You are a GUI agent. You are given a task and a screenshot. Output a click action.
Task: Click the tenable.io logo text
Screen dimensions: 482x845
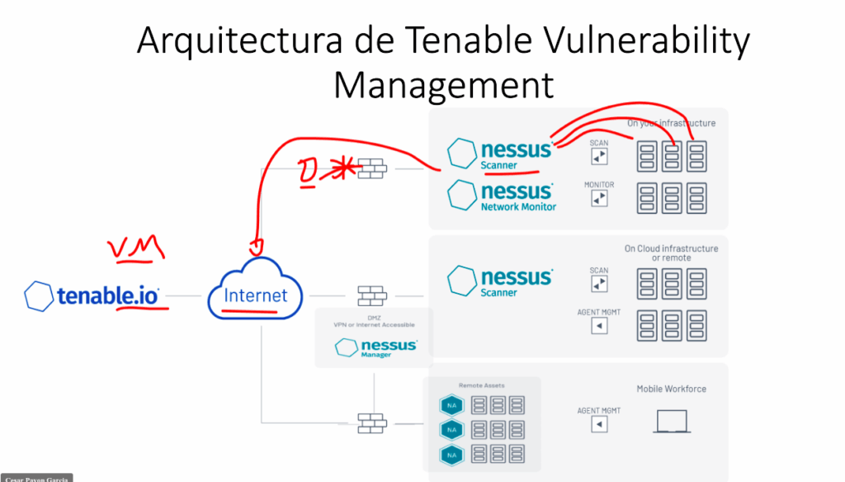click(107, 295)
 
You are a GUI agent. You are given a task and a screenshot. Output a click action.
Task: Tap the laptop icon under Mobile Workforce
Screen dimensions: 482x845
click(672, 422)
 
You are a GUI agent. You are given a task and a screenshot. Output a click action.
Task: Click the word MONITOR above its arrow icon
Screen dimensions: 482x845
click(599, 185)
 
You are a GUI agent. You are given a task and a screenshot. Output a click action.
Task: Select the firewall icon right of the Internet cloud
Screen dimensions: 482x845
click(372, 295)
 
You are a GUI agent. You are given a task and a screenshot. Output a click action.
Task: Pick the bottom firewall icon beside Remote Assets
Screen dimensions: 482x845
click(372, 422)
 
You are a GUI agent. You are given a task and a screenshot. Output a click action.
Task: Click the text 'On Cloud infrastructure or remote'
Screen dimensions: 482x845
click(671, 253)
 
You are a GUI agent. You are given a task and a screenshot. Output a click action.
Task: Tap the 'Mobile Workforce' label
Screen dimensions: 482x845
click(671, 389)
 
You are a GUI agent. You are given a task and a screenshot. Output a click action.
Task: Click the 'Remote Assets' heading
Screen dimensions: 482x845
click(481, 385)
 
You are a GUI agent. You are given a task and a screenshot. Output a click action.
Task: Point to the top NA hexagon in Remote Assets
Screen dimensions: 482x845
click(451, 405)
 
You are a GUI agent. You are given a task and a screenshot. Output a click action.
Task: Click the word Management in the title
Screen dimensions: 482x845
click(443, 84)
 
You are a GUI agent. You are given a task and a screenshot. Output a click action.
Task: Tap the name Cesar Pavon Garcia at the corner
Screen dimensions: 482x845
click(36, 477)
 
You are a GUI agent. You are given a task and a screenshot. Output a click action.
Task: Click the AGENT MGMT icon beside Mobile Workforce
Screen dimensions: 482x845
click(600, 424)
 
